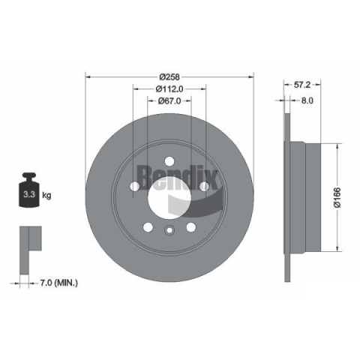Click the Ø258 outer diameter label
point(169,76)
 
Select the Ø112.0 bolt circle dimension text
point(169,88)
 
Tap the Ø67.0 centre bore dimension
point(169,100)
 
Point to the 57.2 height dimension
point(302,85)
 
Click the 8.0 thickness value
point(307,100)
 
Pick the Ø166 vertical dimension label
point(337,197)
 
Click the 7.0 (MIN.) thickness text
point(58,283)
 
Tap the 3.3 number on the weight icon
point(29,194)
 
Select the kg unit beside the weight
point(46,195)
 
